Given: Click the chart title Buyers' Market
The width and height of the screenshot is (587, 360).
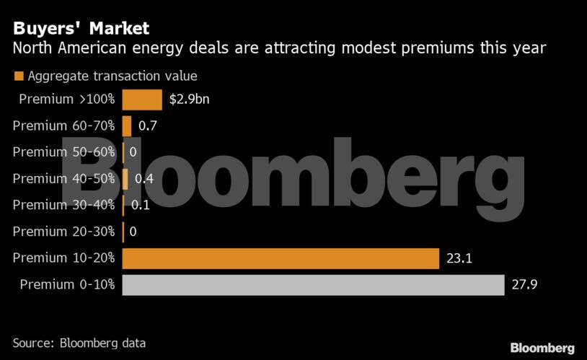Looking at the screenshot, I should [80, 29].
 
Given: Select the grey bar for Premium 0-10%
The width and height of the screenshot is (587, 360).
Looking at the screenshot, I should [313, 285].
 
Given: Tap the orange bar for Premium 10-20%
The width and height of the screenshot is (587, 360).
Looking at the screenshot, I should [281, 258].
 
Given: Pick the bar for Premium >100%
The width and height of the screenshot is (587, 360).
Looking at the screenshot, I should [142, 99].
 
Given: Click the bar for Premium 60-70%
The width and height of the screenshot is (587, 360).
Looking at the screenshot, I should [127, 126].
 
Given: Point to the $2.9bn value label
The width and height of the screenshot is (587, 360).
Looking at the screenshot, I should [190, 99].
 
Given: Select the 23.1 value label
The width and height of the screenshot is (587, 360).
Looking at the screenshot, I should [459, 258].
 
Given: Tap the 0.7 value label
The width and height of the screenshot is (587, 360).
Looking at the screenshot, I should [148, 126].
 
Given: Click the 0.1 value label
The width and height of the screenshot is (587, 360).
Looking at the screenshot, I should [140, 205].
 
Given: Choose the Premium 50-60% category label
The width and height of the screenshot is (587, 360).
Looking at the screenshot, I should [63, 152].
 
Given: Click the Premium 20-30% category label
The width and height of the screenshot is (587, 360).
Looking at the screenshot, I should [63, 232].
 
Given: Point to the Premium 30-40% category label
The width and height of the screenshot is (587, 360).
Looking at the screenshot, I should [63, 205].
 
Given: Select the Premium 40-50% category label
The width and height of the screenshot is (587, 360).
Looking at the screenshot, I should [63, 178].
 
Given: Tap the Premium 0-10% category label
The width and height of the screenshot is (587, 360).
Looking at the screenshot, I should [67, 285].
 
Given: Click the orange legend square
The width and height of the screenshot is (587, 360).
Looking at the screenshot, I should [18, 76].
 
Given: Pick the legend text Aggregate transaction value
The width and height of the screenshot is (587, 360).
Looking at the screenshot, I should [112, 76].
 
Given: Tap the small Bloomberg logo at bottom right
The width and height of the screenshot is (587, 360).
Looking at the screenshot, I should [542, 348].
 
